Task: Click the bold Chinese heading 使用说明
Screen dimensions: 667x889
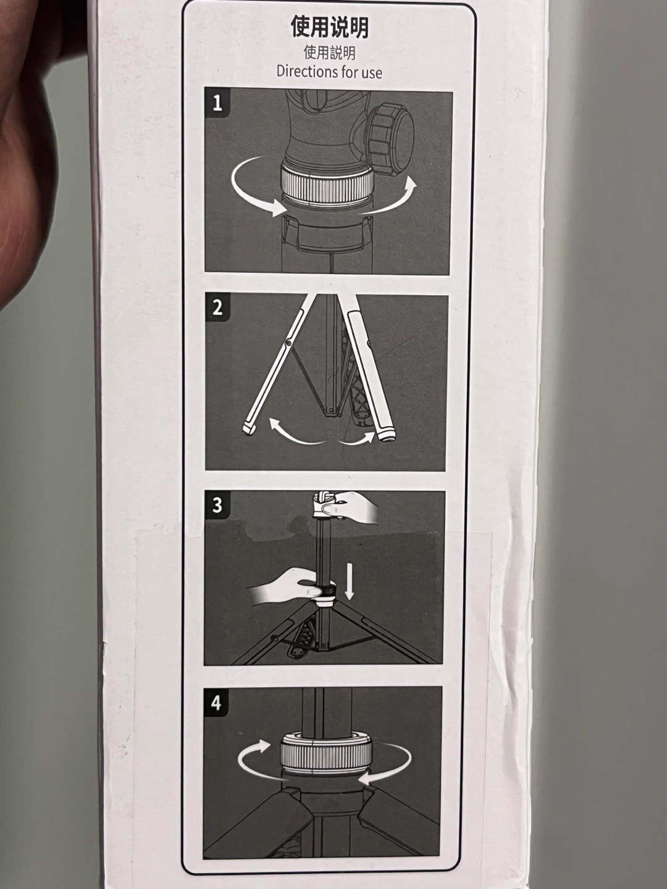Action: coord(329,28)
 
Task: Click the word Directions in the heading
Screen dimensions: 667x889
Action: coord(302,72)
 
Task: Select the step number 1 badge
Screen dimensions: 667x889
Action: coord(217,103)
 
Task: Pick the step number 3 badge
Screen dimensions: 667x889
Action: coord(217,505)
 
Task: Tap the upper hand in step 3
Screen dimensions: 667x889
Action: coord(351,506)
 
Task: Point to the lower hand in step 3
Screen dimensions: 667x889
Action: coord(283,586)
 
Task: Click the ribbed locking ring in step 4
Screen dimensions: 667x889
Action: coord(326,754)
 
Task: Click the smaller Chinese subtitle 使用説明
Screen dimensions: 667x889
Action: coord(329,52)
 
